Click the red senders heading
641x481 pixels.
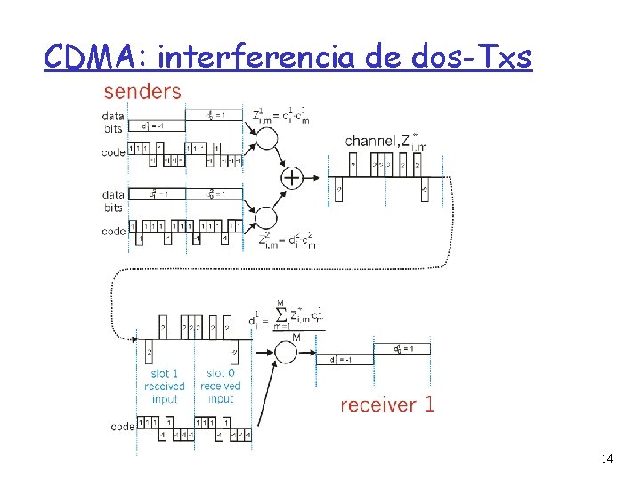coord(142,91)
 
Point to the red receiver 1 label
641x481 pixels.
coord(387,404)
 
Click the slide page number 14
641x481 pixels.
coord(606,459)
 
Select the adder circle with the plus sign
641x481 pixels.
coord(293,178)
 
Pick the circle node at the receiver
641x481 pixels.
coord(286,351)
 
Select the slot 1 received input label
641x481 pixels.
coord(165,386)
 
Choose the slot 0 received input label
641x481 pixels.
coord(220,386)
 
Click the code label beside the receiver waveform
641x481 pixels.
coord(123,427)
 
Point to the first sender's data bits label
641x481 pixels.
coord(113,122)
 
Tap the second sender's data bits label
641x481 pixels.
coord(113,201)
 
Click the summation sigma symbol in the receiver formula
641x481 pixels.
coord(281,314)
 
